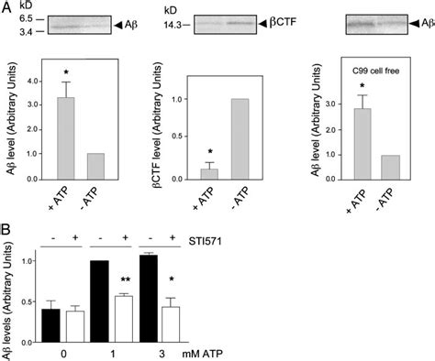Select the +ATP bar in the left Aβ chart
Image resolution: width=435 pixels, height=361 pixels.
pyautogui.click(x=65, y=150)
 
